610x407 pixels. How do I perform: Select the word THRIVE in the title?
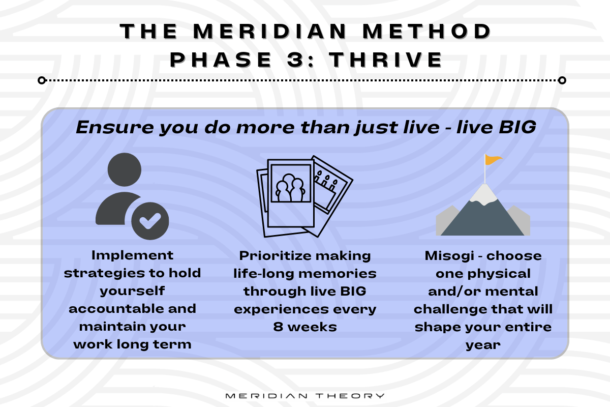pos(386,60)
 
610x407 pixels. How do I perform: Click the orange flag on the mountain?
pos(493,160)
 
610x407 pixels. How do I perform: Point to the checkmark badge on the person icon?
pos(150,221)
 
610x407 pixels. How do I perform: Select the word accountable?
pos(132,309)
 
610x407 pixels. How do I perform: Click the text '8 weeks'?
pos(305,327)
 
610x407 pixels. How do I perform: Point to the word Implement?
pos(132,255)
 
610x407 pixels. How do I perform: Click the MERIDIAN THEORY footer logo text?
pos(305,396)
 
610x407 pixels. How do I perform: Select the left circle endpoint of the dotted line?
pos(42,80)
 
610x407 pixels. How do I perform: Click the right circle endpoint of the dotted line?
pos(562,80)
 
